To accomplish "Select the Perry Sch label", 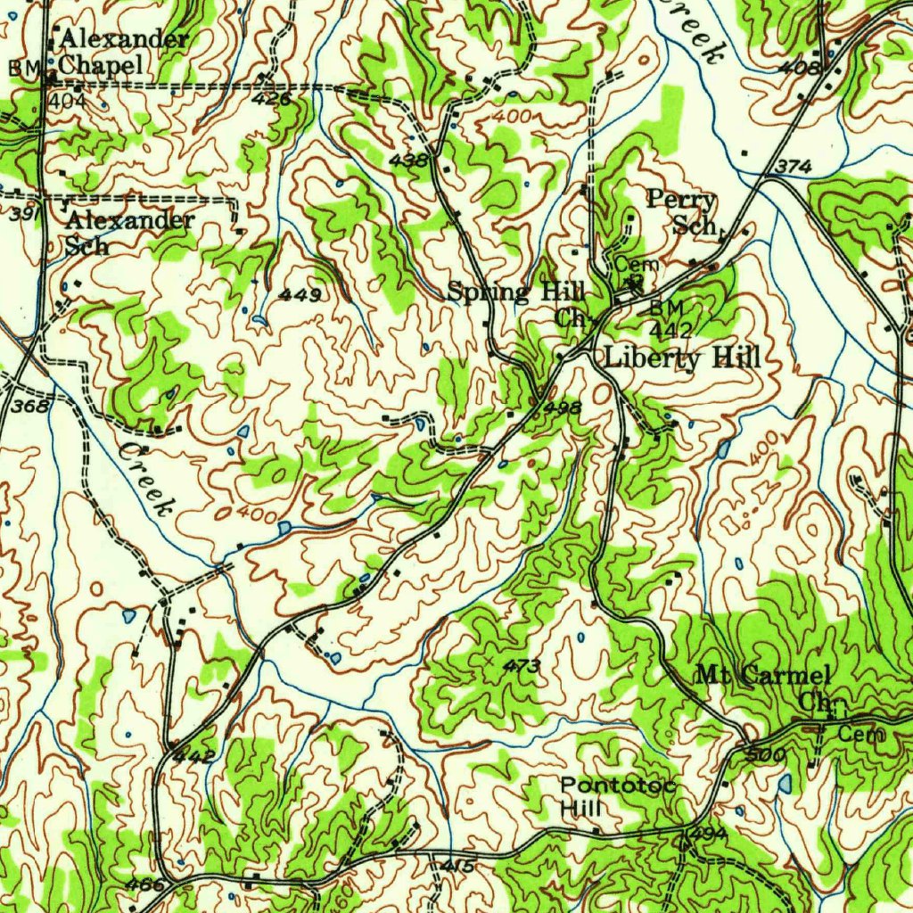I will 682,211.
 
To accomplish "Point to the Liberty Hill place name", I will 682,359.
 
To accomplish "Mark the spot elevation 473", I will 522,665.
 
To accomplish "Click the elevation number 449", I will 300,294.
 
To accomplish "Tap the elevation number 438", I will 409,159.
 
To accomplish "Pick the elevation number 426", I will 271,99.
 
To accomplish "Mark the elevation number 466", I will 145,884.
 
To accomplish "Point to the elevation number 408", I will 796,67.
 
